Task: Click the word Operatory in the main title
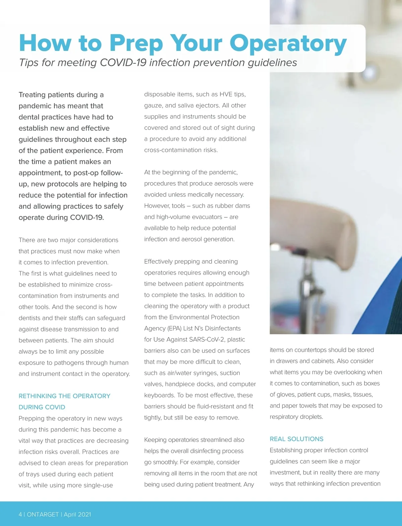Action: click(x=288, y=44)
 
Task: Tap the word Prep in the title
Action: click(x=136, y=44)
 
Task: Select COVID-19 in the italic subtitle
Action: click(x=123, y=63)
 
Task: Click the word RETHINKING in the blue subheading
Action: click(x=38, y=396)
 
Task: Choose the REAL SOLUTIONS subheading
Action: click(x=296, y=439)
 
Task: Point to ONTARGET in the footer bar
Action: click(x=43, y=515)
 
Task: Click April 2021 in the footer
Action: click(x=77, y=515)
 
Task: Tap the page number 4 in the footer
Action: click(x=20, y=515)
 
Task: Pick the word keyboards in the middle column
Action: click(x=159, y=395)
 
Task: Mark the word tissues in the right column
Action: click(x=363, y=394)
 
